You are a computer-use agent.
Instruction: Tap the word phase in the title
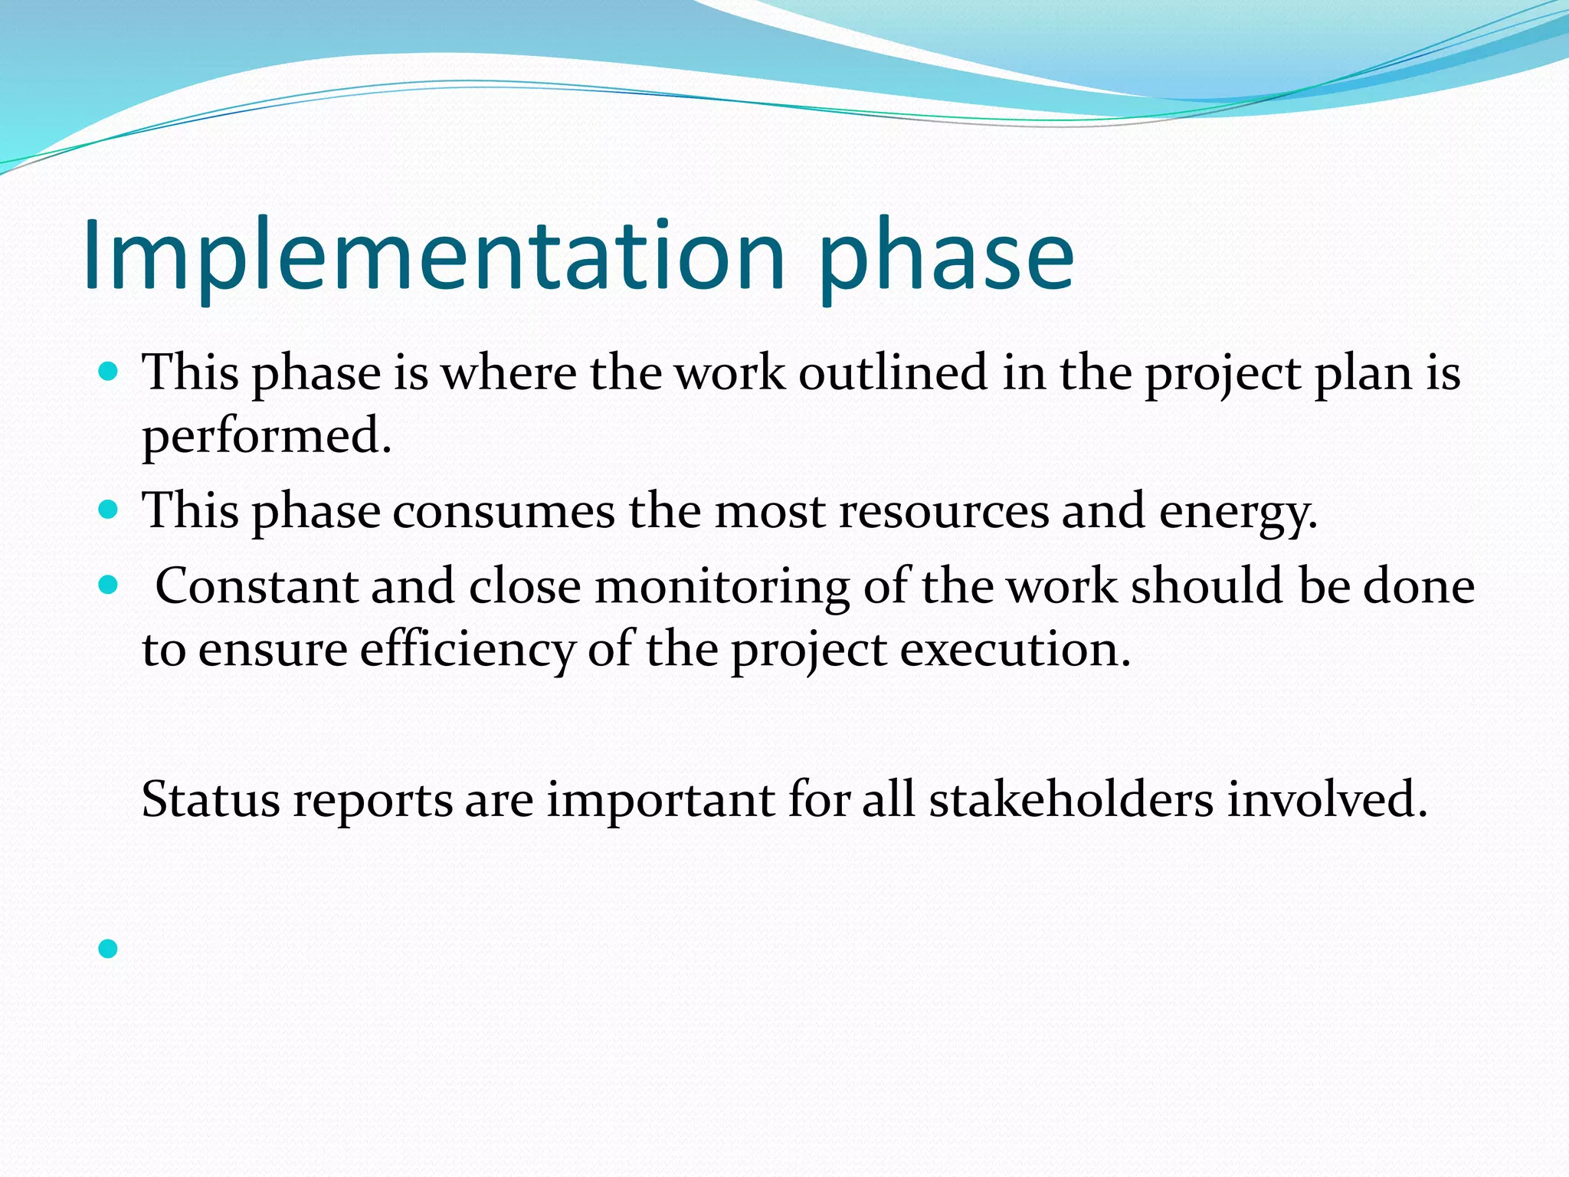coord(946,261)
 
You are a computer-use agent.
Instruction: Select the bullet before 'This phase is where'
coord(108,372)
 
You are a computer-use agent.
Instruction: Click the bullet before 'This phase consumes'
coord(108,510)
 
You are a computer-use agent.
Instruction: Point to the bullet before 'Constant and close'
coord(108,585)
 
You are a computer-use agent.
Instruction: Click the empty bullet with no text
coord(108,949)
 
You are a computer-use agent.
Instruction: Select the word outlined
coord(893,373)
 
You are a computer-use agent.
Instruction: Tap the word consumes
coord(503,511)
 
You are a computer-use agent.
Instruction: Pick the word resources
coord(944,511)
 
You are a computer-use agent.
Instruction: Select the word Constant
coord(257,586)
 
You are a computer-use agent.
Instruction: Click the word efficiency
coord(467,651)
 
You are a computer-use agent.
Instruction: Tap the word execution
coord(1014,651)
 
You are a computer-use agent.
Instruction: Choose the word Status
coord(211,800)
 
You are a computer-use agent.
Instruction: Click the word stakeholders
coord(1071,800)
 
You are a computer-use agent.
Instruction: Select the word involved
coord(1327,800)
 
